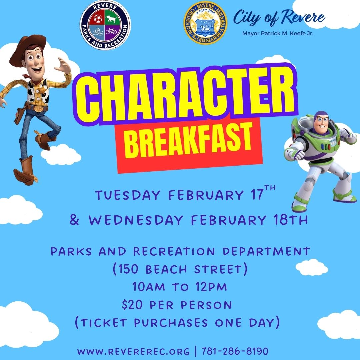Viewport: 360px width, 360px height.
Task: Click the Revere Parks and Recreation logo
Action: tap(105, 25)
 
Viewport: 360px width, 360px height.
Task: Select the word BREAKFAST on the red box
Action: tap(188, 140)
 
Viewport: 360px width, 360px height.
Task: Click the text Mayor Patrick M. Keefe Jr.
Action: tap(280, 33)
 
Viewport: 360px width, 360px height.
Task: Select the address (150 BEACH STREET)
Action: tap(180, 269)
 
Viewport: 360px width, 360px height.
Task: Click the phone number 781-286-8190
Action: tap(235, 351)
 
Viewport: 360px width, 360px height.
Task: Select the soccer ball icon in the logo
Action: tap(98, 18)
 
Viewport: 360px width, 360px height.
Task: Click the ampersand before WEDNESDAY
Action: tap(75, 220)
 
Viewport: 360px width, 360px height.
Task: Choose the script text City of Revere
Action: tap(279, 17)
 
